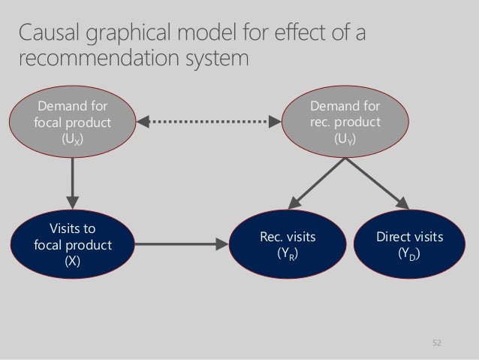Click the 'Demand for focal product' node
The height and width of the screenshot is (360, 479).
(72, 122)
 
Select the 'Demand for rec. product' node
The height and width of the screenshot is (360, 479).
(345, 122)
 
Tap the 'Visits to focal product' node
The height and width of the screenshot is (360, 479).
(72, 244)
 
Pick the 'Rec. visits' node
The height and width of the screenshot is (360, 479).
(288, 244)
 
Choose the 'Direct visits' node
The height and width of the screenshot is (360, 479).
(410, 244)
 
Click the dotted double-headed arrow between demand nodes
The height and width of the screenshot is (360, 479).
(209, 122)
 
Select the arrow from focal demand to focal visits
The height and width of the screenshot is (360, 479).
(72, 183)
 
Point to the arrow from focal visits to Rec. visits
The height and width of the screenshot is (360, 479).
(182, 244)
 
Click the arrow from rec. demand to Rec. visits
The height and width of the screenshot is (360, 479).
(317, 183)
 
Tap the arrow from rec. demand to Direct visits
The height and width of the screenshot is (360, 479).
(378, 183)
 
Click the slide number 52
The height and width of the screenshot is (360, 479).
(437, 343)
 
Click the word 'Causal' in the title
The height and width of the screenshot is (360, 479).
(49, 32)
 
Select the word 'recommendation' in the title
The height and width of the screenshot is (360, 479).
(99, 58)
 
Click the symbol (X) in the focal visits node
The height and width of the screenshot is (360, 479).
(72, 261)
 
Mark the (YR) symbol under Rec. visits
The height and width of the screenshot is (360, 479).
(288, 253)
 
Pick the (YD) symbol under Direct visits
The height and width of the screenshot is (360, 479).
(409, 253)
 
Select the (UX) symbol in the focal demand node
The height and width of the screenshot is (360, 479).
(72, 140)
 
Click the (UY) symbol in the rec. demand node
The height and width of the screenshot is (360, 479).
(345, 140)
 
